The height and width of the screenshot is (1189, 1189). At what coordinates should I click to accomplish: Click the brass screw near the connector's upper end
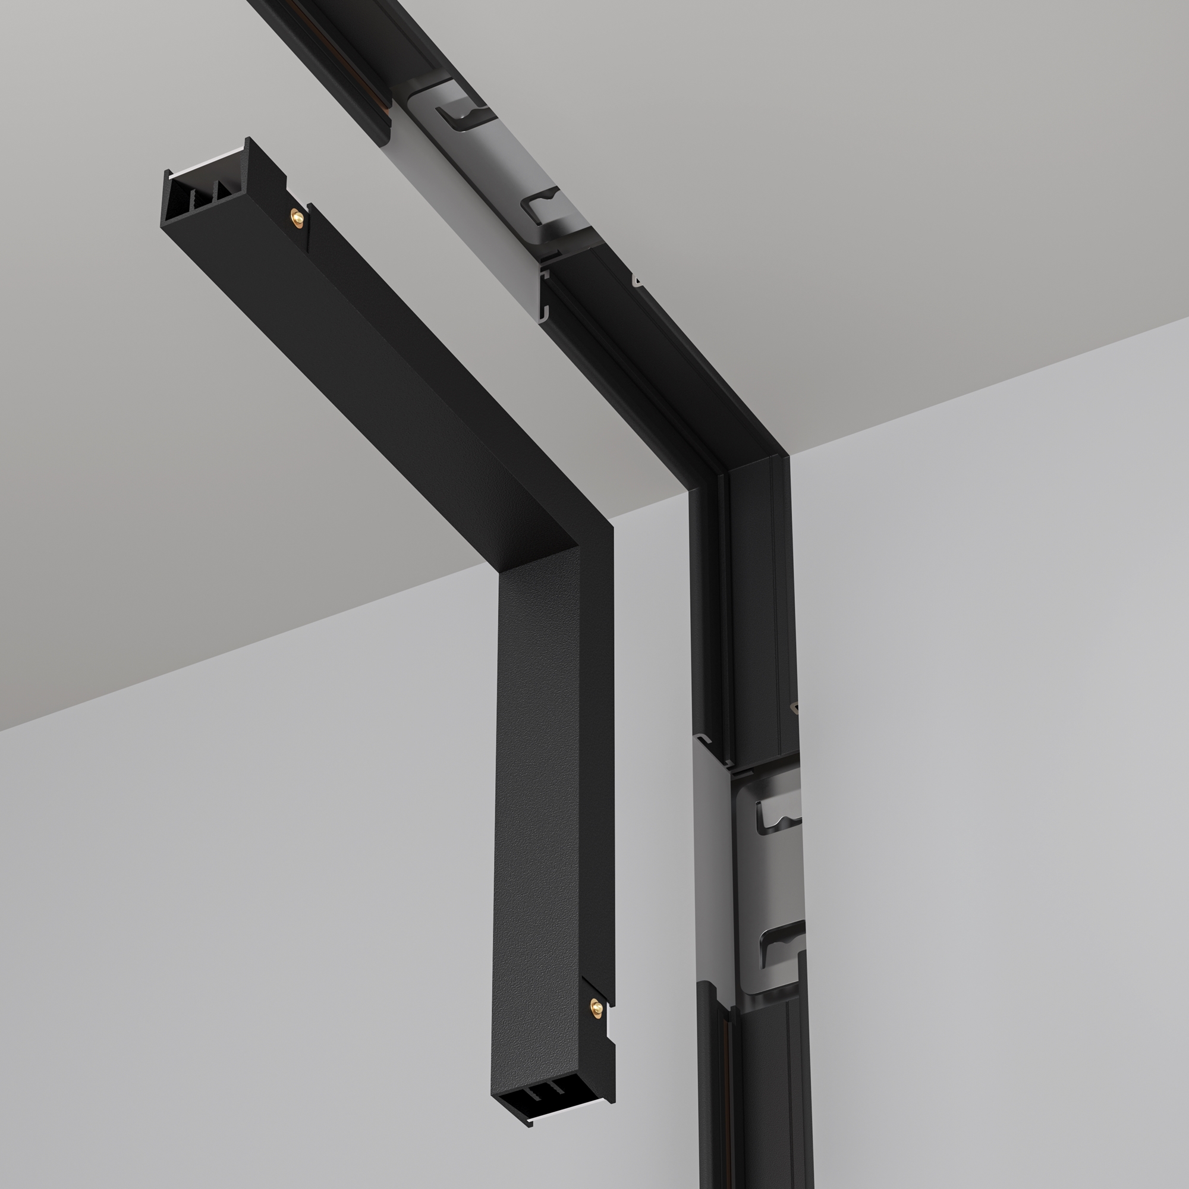297,216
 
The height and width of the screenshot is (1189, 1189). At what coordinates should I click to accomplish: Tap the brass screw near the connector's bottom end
596,1007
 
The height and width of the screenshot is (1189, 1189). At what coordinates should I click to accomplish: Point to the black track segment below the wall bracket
763,1096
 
